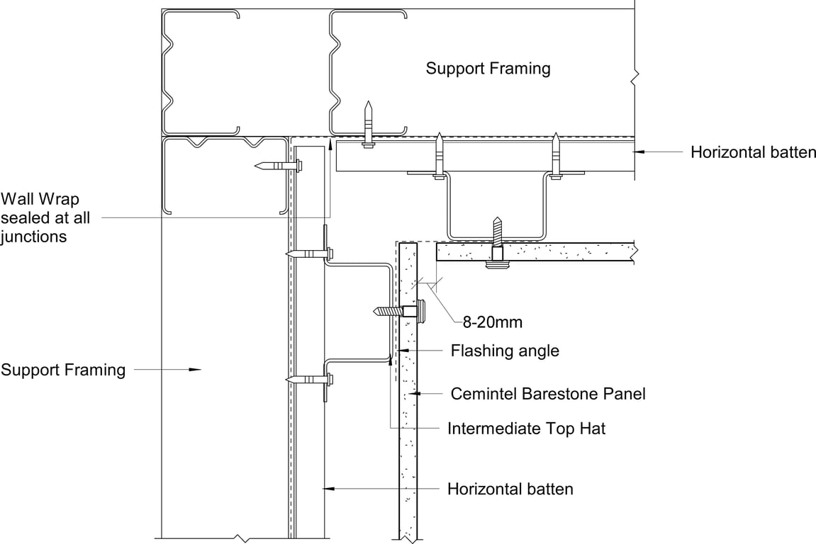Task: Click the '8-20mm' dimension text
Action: pos(492,323)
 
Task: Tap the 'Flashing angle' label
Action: pos(505,351)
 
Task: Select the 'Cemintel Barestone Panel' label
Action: pos(548,394)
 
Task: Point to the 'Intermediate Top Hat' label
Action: pos(526,429)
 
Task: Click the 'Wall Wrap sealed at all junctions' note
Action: pos(45,218)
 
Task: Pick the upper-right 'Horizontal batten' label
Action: pos(753,152)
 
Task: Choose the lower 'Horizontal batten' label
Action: pos(510,489)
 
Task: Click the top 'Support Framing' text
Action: pos(488,69)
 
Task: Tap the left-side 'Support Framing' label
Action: pos(63,370)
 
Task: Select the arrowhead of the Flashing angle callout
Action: pos(400,350)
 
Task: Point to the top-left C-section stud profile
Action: pos(201,71)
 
